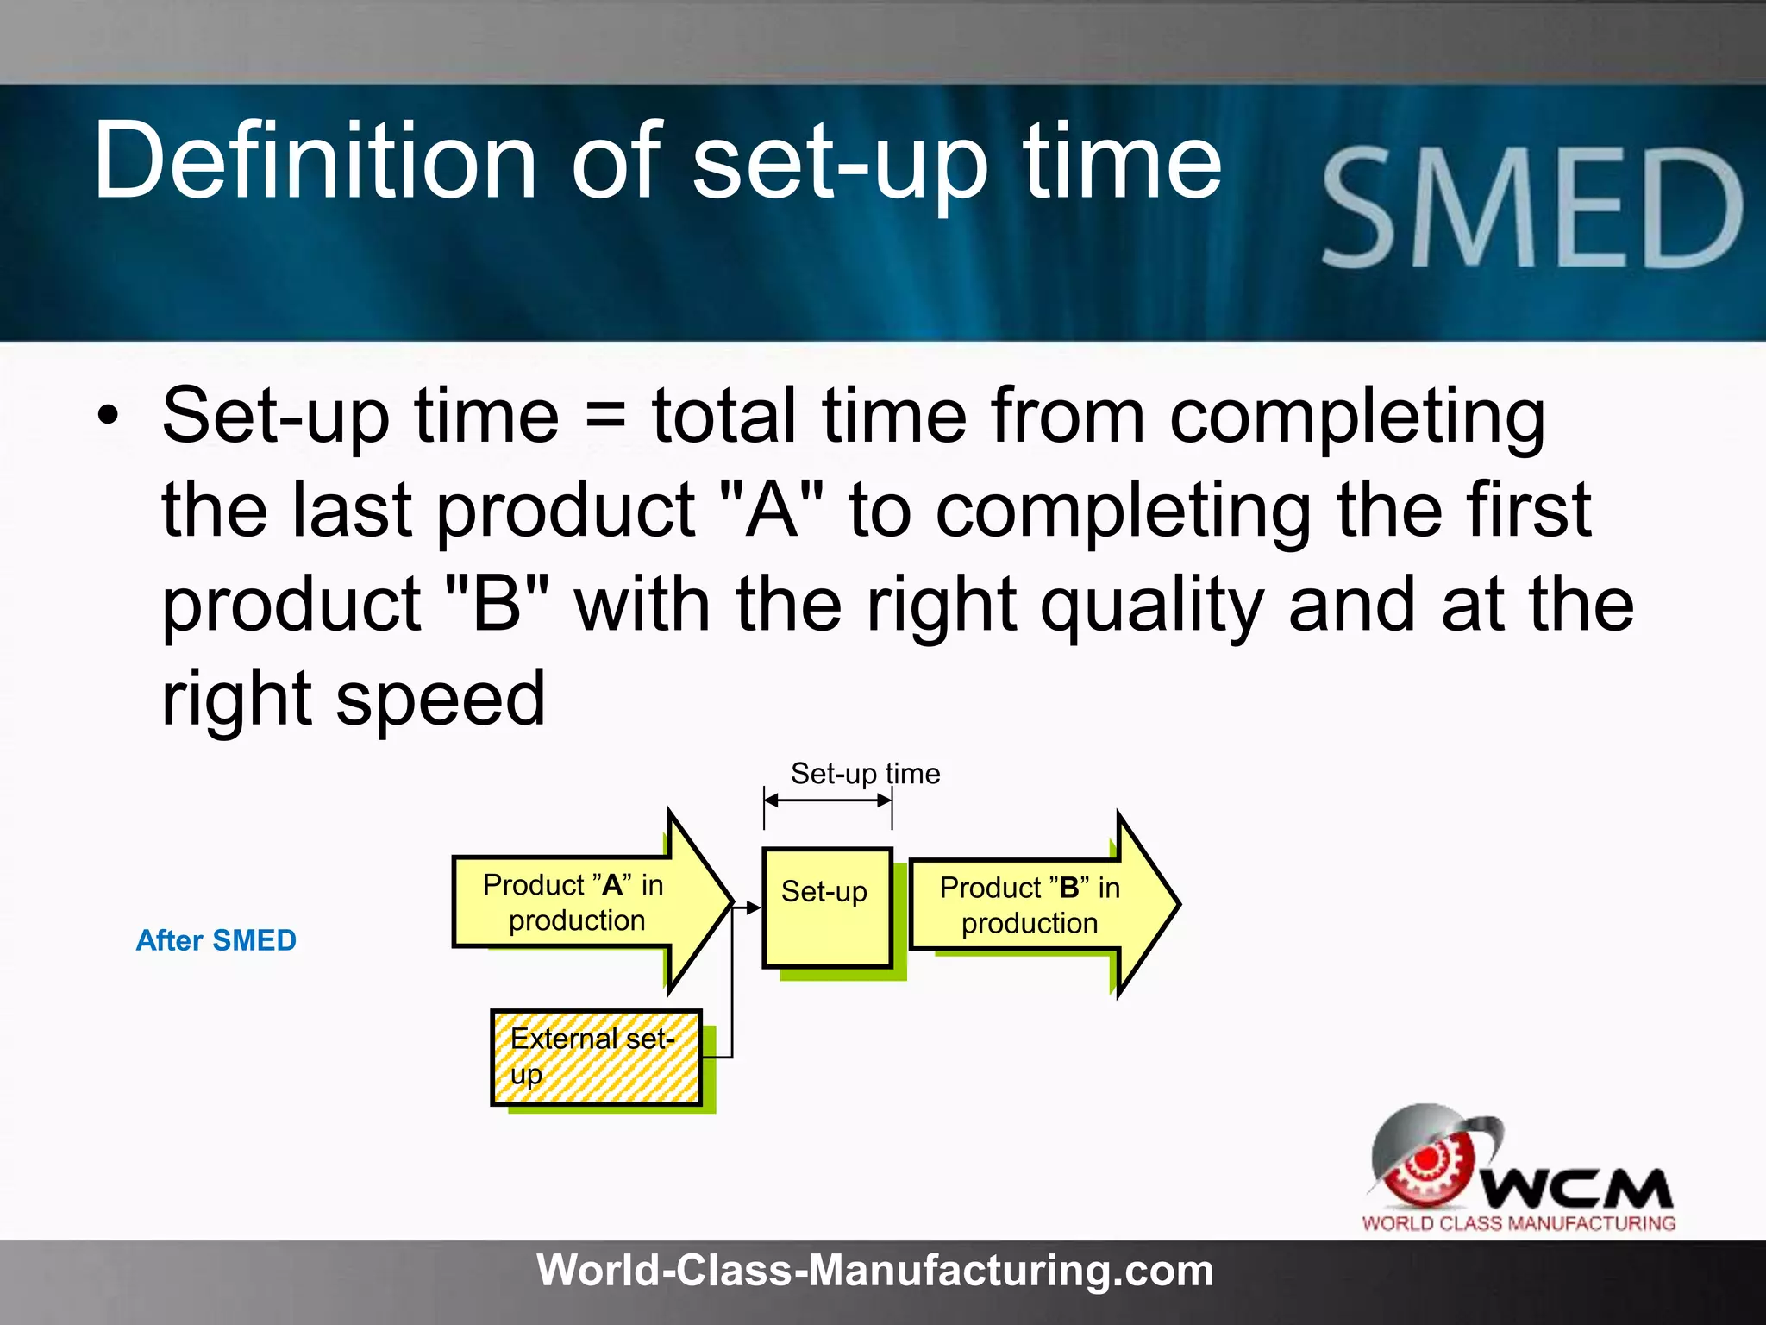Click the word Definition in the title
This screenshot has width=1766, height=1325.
point(316,161)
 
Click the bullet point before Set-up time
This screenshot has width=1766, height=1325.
point(108,418)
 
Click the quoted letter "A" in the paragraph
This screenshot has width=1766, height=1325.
point(773,511)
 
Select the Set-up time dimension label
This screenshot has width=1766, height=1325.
point(865,774)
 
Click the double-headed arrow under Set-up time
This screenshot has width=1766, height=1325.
point(828,801)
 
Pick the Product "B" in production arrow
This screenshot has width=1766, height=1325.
point(1030,906)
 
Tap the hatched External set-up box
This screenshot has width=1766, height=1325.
point(595,1057)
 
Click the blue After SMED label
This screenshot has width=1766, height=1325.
point(216,940)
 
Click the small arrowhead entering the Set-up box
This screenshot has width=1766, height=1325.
point(754,907)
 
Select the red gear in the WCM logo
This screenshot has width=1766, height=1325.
point(1427,1165)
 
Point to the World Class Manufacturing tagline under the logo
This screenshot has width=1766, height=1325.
point(1519,1223)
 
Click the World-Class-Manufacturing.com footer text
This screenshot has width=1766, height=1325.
point(874,1271)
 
